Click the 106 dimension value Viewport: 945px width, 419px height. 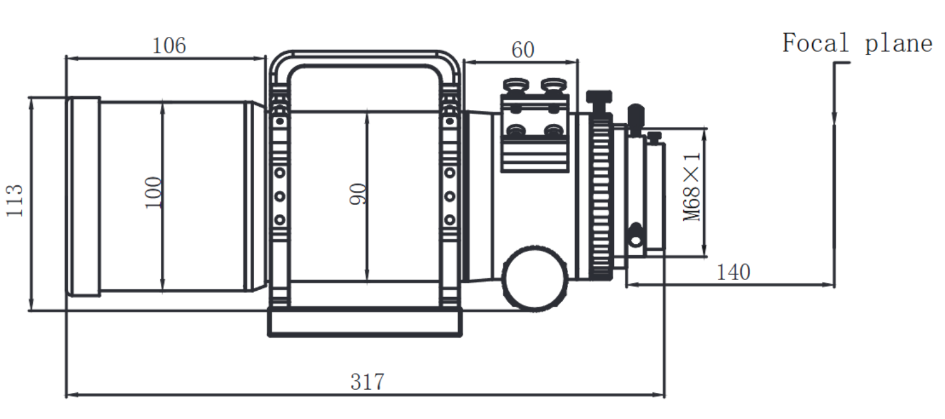(x=169, y=46)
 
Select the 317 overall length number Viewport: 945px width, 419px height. (x=367, y=382)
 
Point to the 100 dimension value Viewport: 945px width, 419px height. (x=153, y=193)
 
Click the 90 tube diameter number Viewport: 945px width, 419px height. (x=358, y=194)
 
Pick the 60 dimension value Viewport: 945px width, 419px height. (x=522, y=50)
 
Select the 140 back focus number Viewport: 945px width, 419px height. (x=733, y=272)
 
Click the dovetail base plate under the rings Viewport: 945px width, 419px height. (x=364, y=323)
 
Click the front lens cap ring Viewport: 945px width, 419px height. (x=84, y=196)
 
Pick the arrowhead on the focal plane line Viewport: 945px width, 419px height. (x=834, y=118)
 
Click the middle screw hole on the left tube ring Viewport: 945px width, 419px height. (x=279, y=196)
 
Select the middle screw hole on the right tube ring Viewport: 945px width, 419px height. (x=449, y=196)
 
